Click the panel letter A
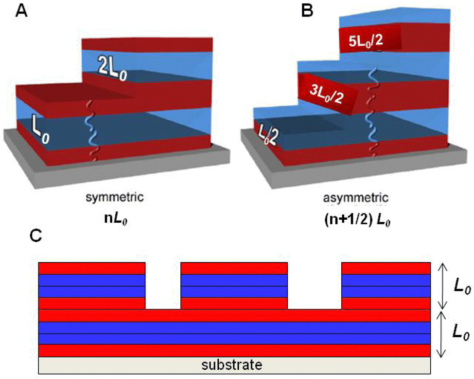(21, 11)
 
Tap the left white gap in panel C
(163, 285)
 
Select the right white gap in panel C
(315, 285)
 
